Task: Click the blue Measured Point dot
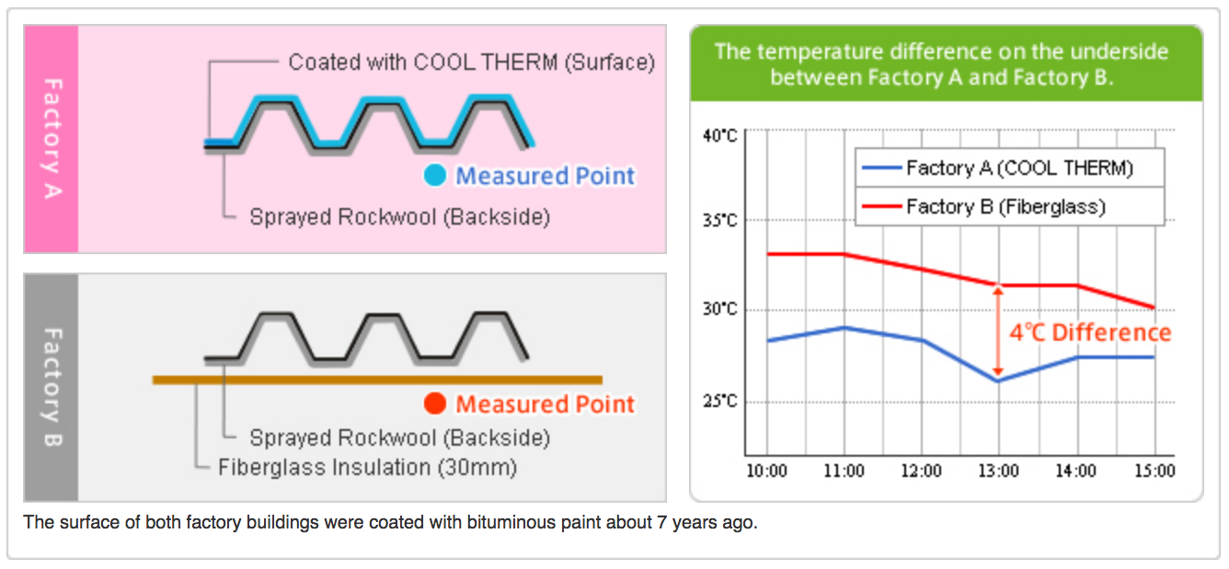coord(435,175)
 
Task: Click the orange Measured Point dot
coord(435,403)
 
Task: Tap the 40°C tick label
coord(719,136)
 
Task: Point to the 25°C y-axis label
coord(719,401)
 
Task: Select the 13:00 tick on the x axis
coord(998,471)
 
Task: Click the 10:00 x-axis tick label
coord(766,471)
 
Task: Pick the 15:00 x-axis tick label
coord(1154,471)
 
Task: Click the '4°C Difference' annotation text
coord(1090,332)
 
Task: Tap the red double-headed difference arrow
coord(998,331)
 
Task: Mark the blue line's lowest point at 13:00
coord(998,381)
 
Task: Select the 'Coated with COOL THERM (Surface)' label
coord(471,63)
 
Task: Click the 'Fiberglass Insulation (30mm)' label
coord(367,468)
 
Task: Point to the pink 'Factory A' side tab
coord(52,139)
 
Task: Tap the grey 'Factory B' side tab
coord(52,388)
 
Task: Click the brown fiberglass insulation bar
coord(377,379)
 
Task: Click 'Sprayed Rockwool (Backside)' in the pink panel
coord(399,217)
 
